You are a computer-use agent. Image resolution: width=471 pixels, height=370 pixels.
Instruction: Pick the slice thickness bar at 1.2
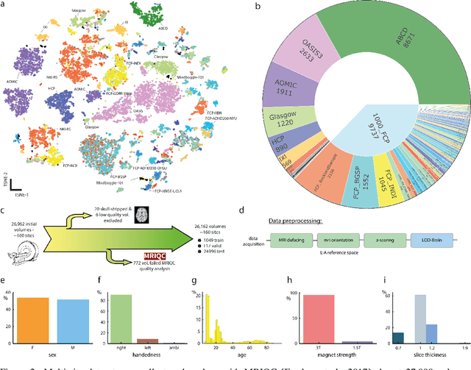[432, 335]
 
